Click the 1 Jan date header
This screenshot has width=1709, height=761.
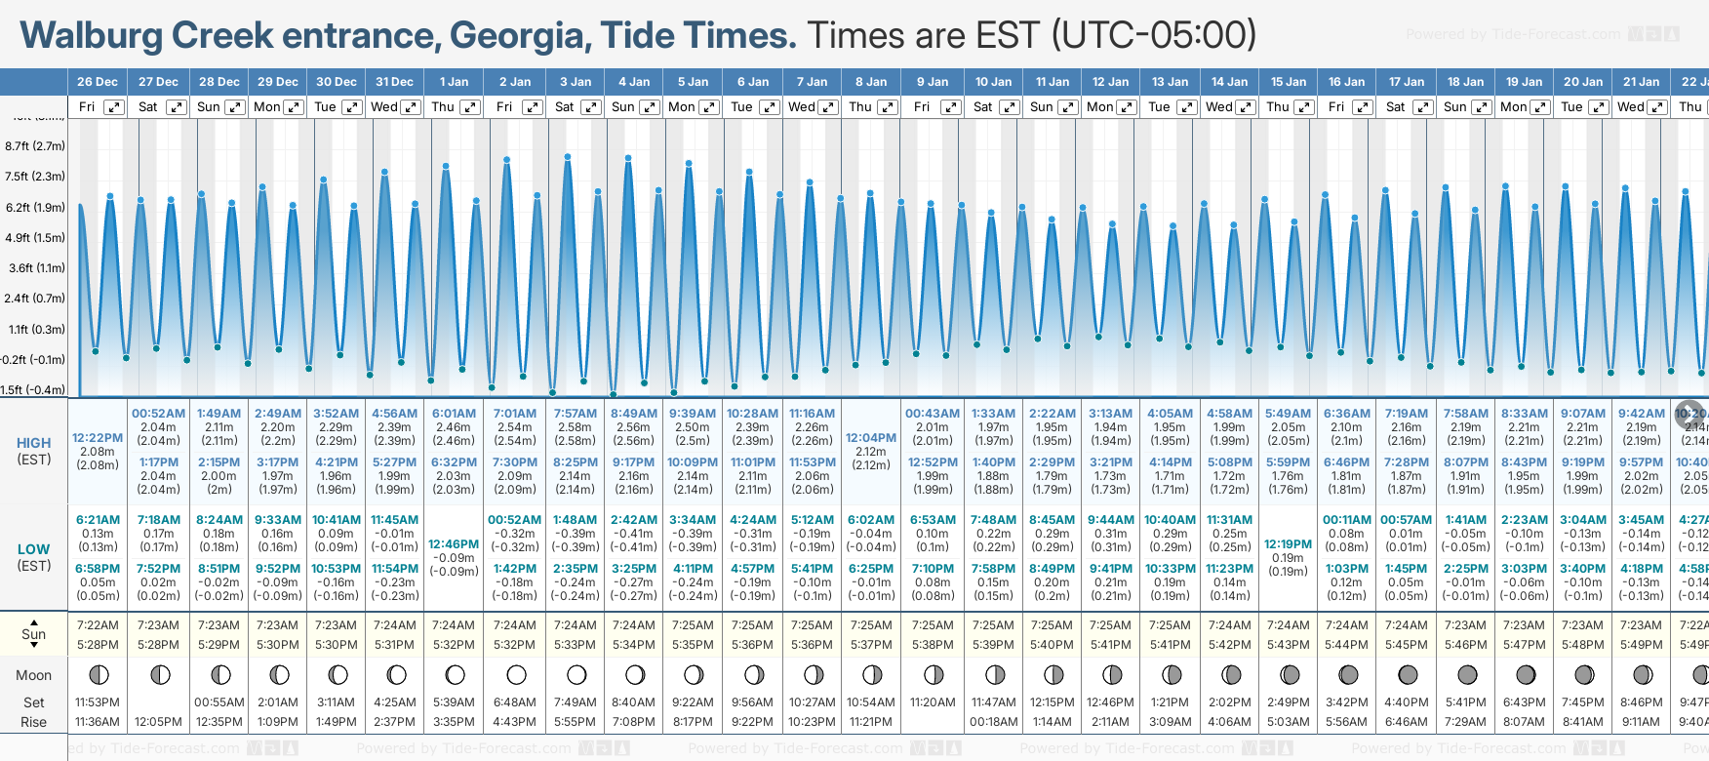[x=454, y=82]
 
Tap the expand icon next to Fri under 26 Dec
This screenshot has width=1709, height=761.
[x=114, y=107]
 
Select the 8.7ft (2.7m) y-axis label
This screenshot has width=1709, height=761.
[x=35, y=146]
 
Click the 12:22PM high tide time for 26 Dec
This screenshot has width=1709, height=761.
[x=98, y=438]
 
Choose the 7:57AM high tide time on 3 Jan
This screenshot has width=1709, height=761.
[x=576, y=414]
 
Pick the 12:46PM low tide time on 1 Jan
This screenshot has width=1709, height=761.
[x=454, y=544]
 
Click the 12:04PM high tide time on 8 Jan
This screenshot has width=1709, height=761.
[x=871, y=438]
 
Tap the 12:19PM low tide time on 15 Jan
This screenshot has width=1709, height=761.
[x=1288, y=544]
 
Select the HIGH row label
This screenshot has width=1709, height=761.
[x=34, y=443]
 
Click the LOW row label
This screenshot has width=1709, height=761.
[x=34, y=549]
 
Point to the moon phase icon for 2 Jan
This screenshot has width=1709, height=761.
[x=516, y=674]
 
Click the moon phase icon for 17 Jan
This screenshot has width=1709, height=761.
[x=1408, y=674]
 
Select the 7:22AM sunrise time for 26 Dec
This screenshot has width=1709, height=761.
[x=98, y=625]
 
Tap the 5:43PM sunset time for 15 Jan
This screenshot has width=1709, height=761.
[x=1288, y=645]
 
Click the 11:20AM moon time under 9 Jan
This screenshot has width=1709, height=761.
[x=933, y=702]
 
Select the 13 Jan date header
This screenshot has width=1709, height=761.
[x=1170, y=82]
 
